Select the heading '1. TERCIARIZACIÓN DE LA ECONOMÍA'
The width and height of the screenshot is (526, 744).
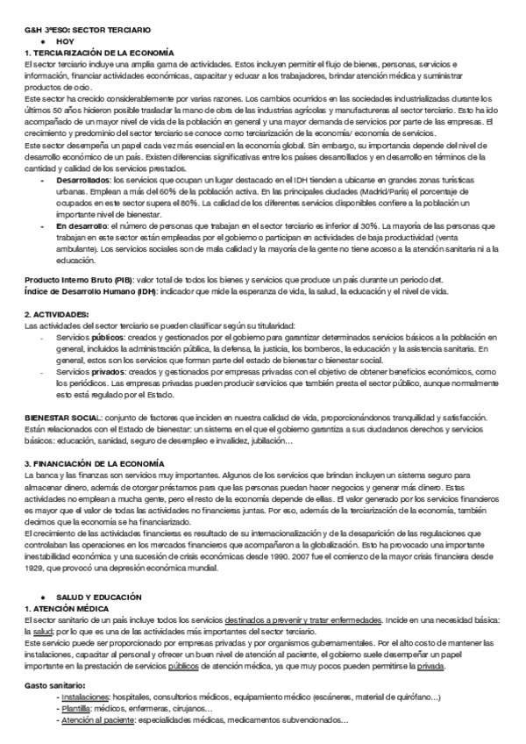(x=98, y=54)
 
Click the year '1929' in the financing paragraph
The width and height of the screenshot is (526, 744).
(x=36, y=544)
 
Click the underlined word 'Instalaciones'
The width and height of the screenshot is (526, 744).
(x=85, y=697)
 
